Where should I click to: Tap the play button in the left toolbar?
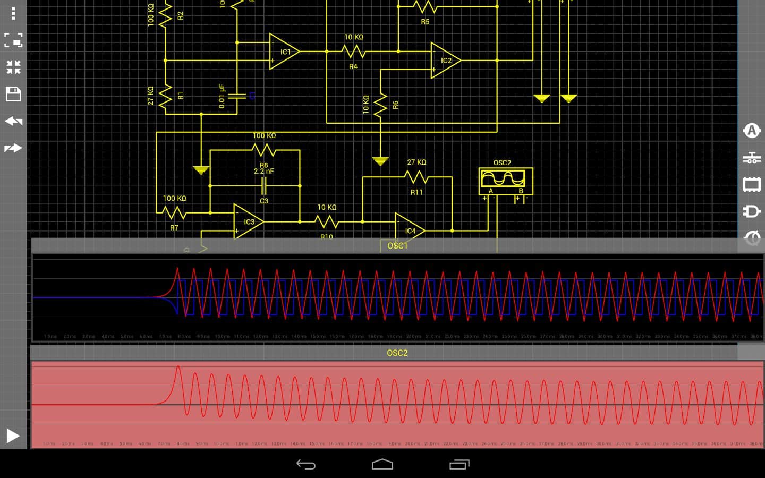tap(13, 436)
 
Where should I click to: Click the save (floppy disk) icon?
tap(13, 94)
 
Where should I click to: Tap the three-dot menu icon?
tap(13, 13)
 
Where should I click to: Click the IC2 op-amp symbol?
tap(445, 61)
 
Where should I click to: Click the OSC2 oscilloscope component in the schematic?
tap(505, 181)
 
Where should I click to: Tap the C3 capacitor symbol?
tap(264, 186)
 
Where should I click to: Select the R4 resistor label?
tap(353, 66)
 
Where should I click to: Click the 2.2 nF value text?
tap(264, 171)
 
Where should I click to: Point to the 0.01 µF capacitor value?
tap(222, 96)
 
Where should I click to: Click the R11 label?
tap(416, 192)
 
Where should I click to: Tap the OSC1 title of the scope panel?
tap(397, 245)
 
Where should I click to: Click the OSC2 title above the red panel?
tap(397, 353)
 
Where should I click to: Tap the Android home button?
tap(382, 465)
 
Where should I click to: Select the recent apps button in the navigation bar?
tap(460, 465)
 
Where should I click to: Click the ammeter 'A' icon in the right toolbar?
tap(752, 130)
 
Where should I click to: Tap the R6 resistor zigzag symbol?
tap(380, 105)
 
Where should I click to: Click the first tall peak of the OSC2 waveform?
tap(178, 368)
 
